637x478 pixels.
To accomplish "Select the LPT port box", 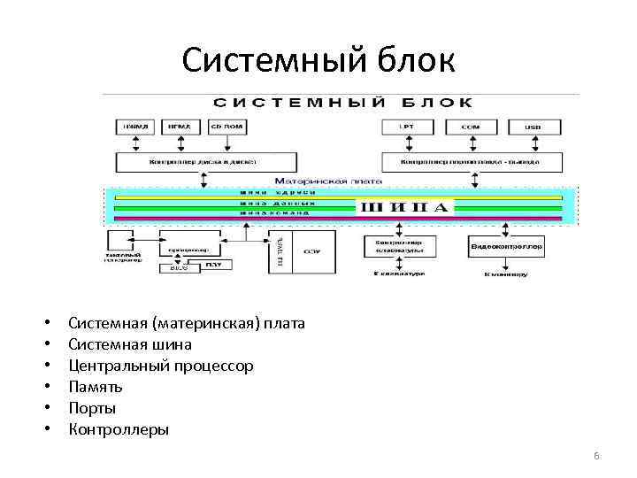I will (407, 127).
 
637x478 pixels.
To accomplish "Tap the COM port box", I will (471, 127).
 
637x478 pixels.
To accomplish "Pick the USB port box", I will (533, 127).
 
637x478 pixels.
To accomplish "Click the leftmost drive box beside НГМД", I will (135, 127).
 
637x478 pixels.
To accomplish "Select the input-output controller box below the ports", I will (472, 162).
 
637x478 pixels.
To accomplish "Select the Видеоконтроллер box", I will (506, 245).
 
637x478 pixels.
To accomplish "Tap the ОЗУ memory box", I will (312, 251).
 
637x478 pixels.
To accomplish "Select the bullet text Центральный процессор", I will (160, 366).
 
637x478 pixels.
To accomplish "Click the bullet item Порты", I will (91, 408).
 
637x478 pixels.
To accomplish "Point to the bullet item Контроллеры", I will (118, 429).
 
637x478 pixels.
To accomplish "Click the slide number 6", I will (596, 455).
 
